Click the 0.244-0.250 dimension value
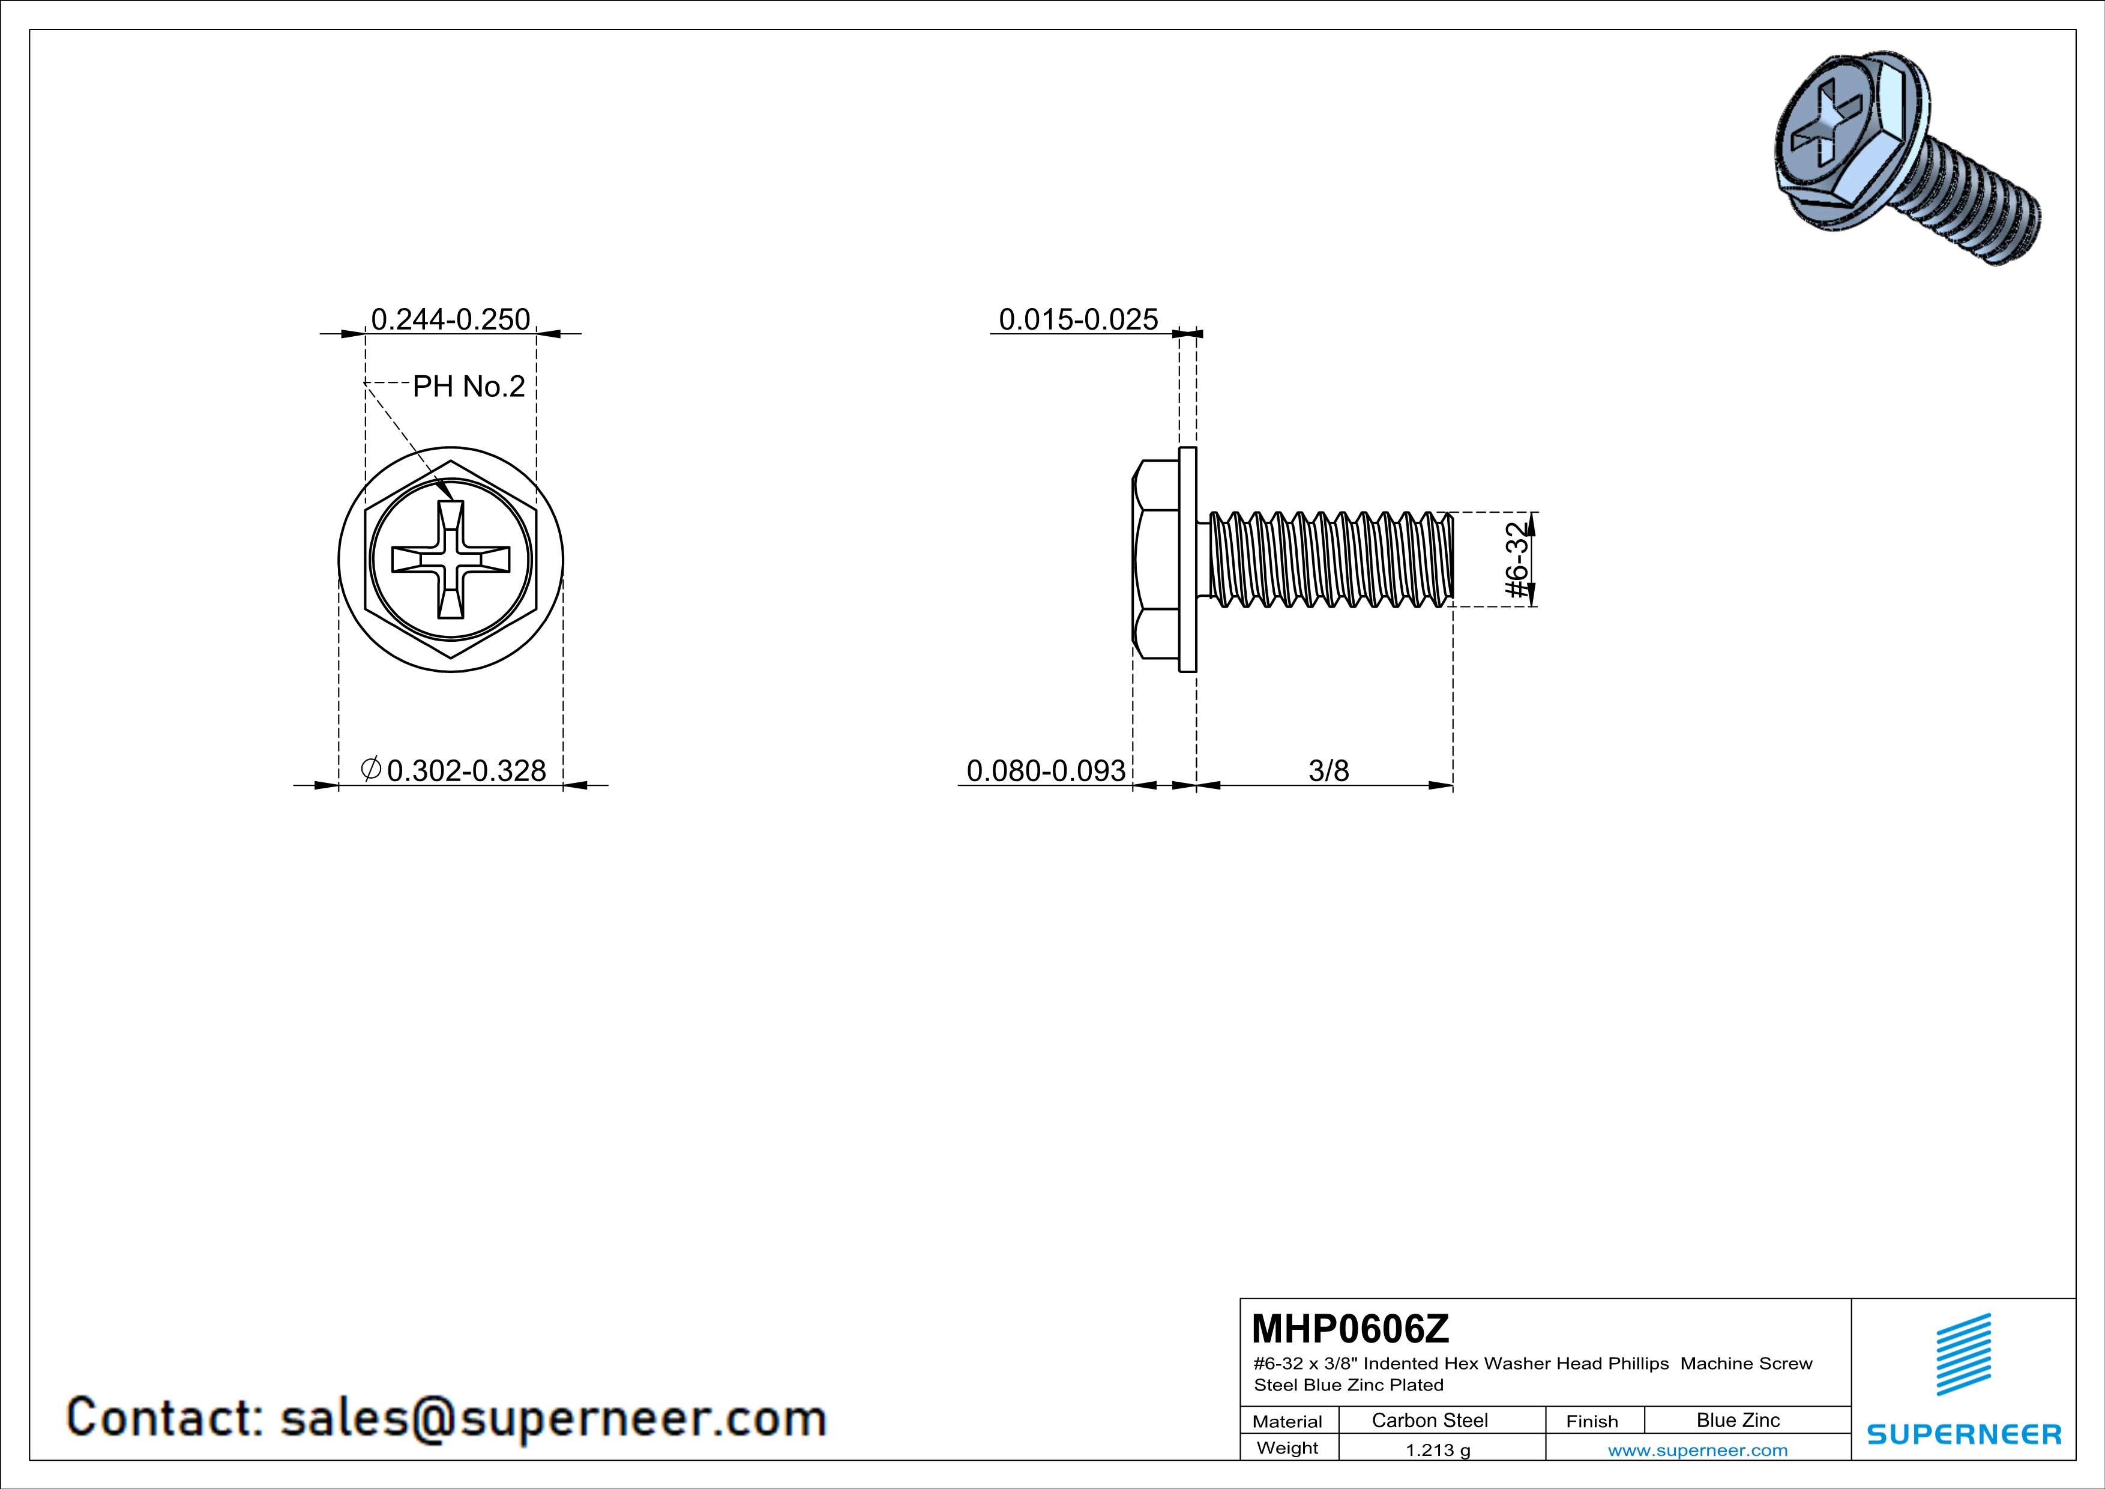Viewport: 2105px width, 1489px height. tap(450, 319)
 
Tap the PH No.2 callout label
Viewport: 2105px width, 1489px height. tap(469, 386)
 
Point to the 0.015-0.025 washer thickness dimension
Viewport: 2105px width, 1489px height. tap(1078, 319)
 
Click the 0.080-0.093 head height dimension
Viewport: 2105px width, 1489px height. tap(1045, 770)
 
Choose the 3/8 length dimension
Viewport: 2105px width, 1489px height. tap(1328, 770)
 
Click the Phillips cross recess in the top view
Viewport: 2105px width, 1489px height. tap(450, 560)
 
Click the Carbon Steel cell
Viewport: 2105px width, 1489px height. tap(1429, 1420)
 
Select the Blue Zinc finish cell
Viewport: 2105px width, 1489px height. tap(1737, 1420)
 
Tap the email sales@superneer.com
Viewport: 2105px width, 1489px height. tap(553, 1418)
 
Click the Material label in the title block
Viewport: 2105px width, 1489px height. tap(1287, 1421)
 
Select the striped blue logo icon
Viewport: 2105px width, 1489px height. tap(1963, 1355)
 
